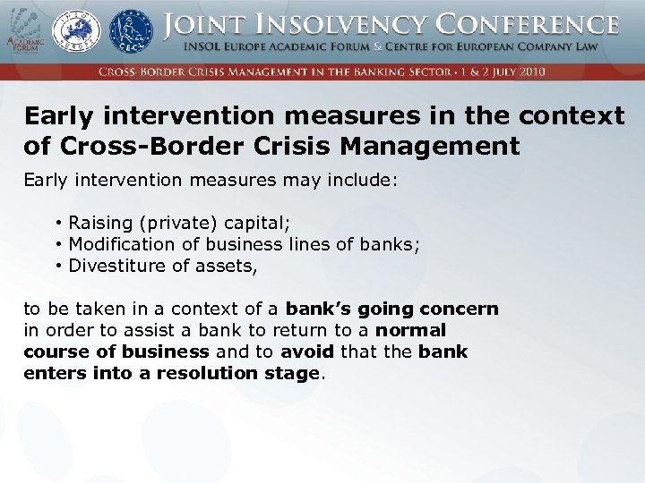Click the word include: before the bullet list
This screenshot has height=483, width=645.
(363, 180)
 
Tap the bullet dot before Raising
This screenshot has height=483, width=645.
(56, 223)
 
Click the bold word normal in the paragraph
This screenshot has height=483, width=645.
(410, 330)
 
